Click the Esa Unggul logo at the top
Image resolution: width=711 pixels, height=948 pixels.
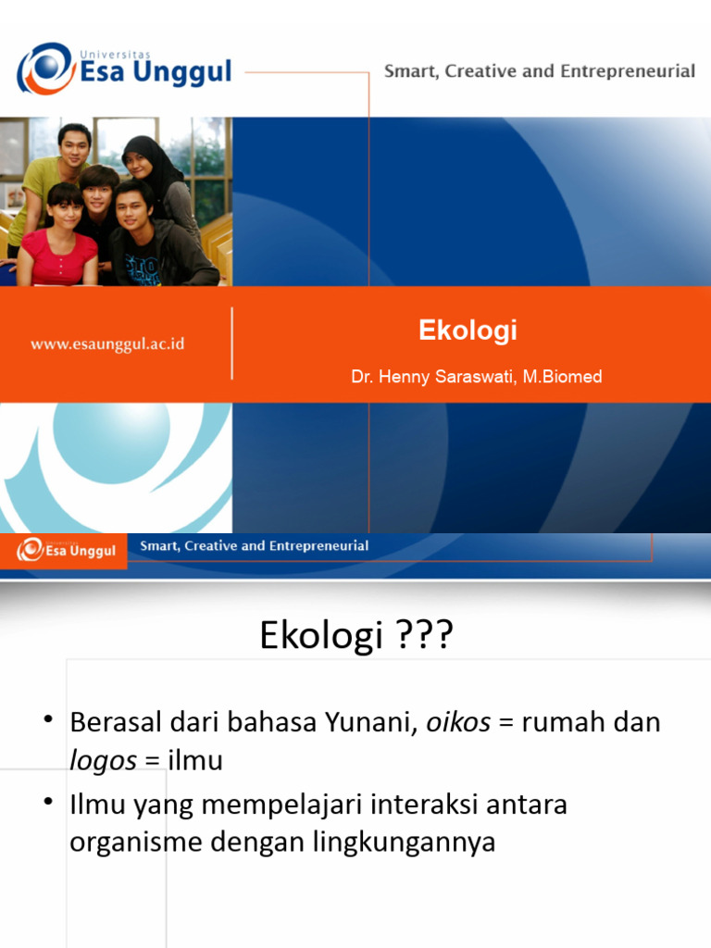tap(122, 69)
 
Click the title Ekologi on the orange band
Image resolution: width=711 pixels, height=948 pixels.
tap(468, 331)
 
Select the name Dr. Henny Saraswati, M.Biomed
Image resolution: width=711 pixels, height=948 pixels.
tap(476, 377)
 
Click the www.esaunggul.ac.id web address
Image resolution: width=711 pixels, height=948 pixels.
tap(107, 343)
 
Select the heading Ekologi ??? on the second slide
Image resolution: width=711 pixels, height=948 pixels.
tap(355, 637)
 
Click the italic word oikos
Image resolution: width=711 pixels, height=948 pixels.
tap(458, 723)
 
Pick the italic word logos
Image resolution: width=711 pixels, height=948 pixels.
tap(103, 761)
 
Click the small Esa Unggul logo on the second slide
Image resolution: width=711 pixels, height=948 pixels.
tap(67, 550)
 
